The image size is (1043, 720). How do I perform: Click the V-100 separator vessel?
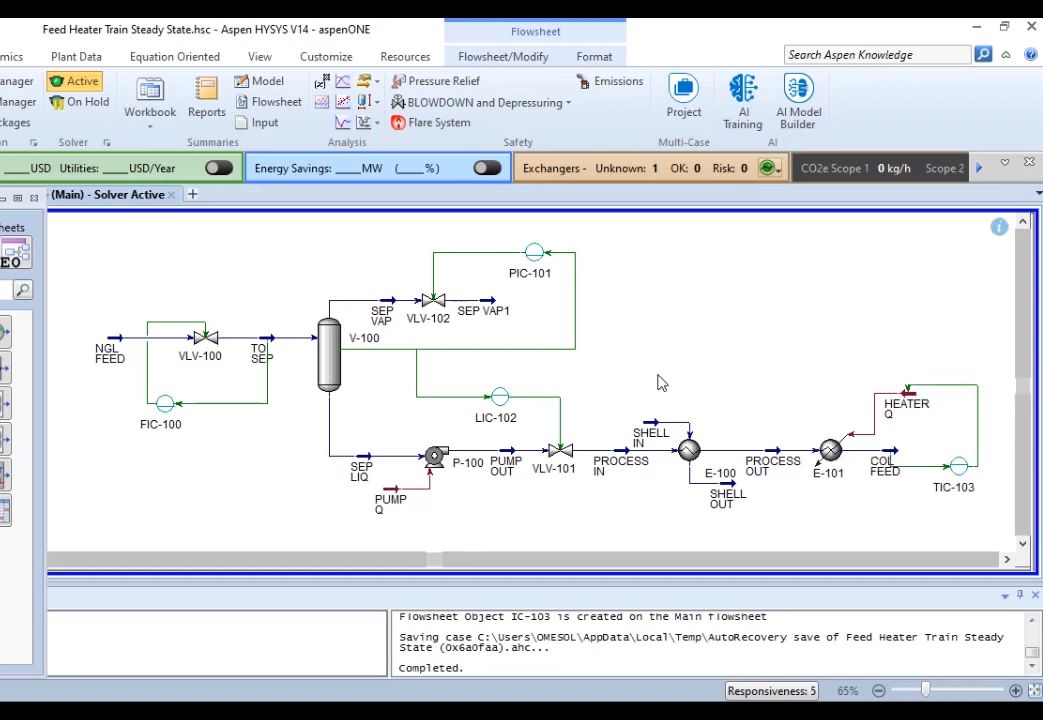click(329, 354)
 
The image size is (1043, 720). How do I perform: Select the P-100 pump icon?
click(436, 456)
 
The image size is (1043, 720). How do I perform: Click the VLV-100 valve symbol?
click(206, 338)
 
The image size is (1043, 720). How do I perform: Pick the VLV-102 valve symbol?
click(433, 300)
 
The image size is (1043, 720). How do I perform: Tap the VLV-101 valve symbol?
click(560, 451)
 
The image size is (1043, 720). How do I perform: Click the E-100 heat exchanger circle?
click(689, 450)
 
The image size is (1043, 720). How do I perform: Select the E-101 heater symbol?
click(830, 451)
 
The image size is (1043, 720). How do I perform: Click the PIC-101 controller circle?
click(534, 253)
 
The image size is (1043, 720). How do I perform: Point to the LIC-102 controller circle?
click(500, 397)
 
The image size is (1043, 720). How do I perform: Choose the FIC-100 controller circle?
click(165, 404)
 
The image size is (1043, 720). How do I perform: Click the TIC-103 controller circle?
click(958, 466)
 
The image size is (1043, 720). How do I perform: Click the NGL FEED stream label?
click(109, 354)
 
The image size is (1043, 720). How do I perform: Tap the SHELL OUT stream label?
click(727, 498)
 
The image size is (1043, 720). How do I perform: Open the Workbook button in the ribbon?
click(150, 98)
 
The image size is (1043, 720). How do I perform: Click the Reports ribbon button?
click(206, 98)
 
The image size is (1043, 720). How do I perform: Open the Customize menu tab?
click(326, 57)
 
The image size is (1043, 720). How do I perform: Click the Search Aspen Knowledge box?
click(876, 55)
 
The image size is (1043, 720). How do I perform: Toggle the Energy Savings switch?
click(487, 168)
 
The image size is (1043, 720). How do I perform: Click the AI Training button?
click(743, 101)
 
